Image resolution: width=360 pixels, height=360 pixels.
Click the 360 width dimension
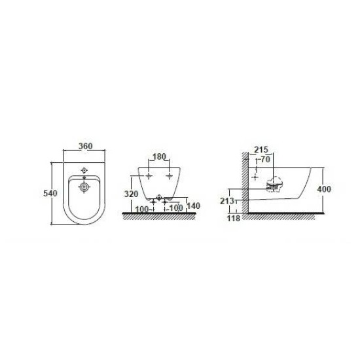85,146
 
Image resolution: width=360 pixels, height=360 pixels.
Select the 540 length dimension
50,193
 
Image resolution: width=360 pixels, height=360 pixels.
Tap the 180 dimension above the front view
159,156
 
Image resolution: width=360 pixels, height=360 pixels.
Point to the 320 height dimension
131,194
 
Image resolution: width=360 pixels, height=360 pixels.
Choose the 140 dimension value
193,206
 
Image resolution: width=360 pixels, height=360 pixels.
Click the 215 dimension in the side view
261,150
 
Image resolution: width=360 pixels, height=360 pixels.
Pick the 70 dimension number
265,159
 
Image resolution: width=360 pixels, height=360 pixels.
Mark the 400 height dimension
324,189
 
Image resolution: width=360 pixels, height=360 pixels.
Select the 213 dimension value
227,201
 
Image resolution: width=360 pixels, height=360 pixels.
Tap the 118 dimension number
234,218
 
